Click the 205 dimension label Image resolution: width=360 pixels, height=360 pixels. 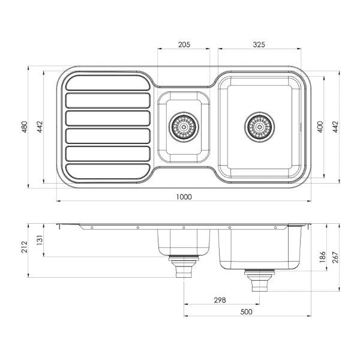tap(184, 45)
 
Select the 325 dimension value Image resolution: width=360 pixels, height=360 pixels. tap(259, 45)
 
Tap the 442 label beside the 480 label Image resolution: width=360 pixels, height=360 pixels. tap(40, 127)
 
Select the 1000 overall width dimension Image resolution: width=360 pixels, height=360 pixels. tap(184, 197)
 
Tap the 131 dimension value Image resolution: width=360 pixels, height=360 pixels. tap(40, 240)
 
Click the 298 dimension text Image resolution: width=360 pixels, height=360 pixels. tap(220, 299)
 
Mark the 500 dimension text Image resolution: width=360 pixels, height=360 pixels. tap(245, 311)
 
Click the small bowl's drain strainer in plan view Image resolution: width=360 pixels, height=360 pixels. tap(184, 127)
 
